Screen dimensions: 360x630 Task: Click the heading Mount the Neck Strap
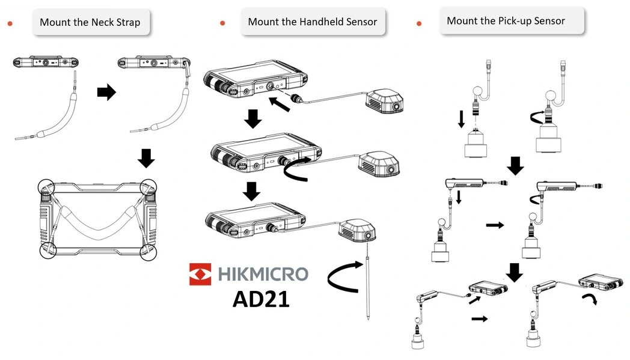pyautogui.click(x=90, y=23)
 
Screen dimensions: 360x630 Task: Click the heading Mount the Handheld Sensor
pyautogui.click(x=312, y=22)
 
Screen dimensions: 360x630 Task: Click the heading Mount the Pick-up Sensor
pyautogui.click(x=506, y=21)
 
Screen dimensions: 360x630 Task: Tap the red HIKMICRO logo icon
pyautogui.click(x=200, y=274)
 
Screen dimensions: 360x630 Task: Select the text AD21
pyautogui.click(x=261, y=299)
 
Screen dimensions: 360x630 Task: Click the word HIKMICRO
pyautogui.click(x=263, y=274)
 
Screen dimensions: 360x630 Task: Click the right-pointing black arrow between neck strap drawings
pyautogui.click(x=106, y=93)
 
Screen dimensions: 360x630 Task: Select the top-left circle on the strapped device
pyautogui.click(x=46, y=188)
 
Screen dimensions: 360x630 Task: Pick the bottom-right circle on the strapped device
pyautogui.click(x=148, y=252)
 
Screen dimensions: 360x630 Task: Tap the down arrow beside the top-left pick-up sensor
pyautogui.click(x=461, y=118)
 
